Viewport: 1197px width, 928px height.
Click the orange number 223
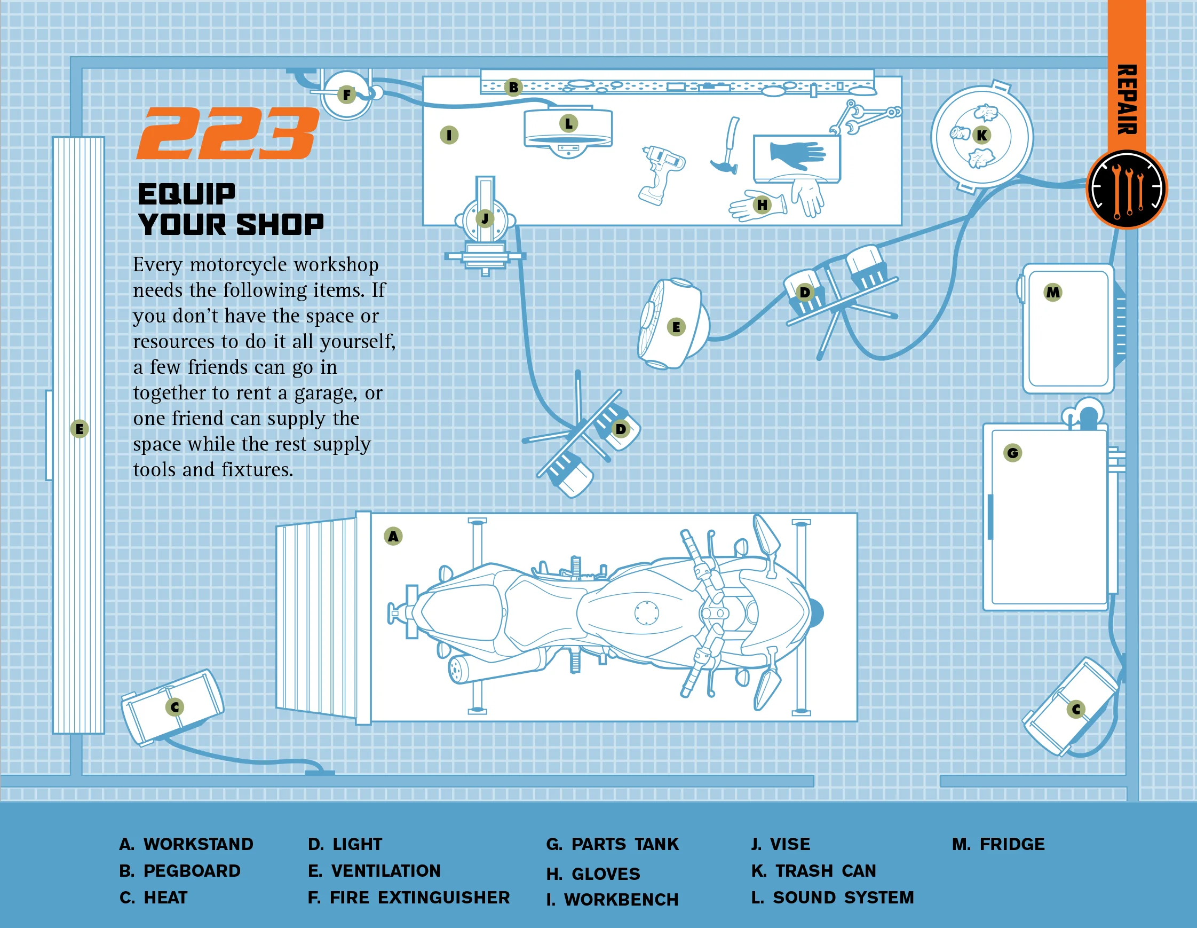click(x=227, y=133)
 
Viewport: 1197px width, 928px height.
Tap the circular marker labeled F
click(x=346, y=95)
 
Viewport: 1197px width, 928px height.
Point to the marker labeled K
click(x=981, y=135)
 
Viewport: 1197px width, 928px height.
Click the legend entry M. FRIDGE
click(x=998, y=844)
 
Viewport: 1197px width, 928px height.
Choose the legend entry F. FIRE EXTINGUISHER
click(x=408, y=898)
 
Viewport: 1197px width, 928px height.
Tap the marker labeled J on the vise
click(x=485, y=218)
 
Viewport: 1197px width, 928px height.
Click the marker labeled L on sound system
click(x=568, y=123)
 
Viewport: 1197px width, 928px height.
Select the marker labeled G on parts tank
click(x=1012, y=453)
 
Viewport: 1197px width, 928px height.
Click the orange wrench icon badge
click(x=1127, y=188)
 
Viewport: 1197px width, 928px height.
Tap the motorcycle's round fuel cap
click(x=647, y=612)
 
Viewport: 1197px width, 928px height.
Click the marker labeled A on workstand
click(x=393, y=536)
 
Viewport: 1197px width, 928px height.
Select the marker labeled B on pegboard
click(x=513, y=86)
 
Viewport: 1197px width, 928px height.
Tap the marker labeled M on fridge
click(x=1053, y=292)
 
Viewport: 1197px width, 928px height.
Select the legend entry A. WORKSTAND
click(x=186, y=844)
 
